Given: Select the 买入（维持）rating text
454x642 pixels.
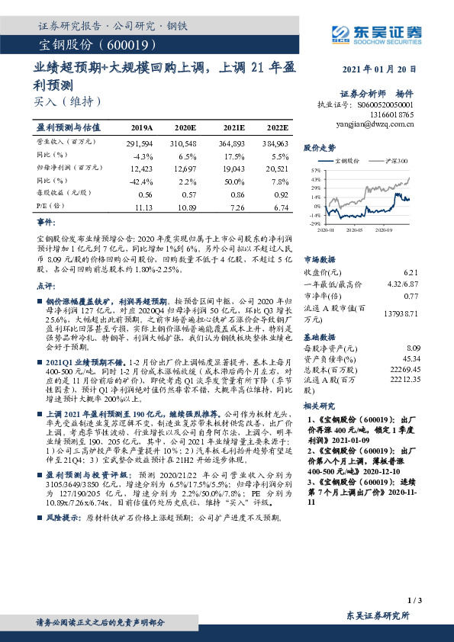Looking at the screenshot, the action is (x=68, y=101).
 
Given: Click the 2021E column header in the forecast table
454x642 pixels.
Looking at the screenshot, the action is (x=233, y=127).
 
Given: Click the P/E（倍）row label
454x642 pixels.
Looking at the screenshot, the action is (x=50, y=206).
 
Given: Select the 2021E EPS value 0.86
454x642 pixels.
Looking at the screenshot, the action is (x=233, y=194).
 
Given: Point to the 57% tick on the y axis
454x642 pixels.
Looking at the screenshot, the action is (x=316, y=170).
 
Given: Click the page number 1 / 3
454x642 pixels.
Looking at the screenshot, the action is (x=415, y=601).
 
